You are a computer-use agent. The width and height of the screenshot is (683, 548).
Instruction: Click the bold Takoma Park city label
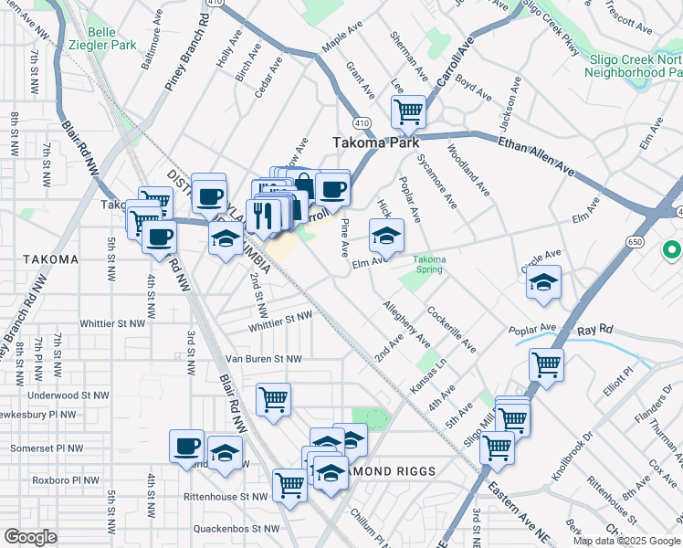pyautogui.click(x=375, y=142)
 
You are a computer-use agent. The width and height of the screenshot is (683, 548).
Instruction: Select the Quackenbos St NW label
pyautogui.click(x=236, y=528)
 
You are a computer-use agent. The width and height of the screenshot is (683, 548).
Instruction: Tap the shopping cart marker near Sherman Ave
pyautogui.click(x=408, y=111)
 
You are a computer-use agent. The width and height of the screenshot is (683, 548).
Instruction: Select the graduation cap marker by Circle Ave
pyautogui.click(x=543, y=281)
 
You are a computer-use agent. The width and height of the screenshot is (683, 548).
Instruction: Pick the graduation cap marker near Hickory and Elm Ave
pyautogui.click(x=385, y=235)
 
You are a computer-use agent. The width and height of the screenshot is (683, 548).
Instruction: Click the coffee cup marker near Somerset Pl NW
pyautogui.click(x=186, y=446)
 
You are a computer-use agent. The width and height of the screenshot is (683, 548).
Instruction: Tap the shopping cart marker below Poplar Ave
pyautogui.click(x=546, y=364)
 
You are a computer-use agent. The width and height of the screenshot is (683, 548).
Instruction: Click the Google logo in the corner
pyautogui.click(x=31, y=536)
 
